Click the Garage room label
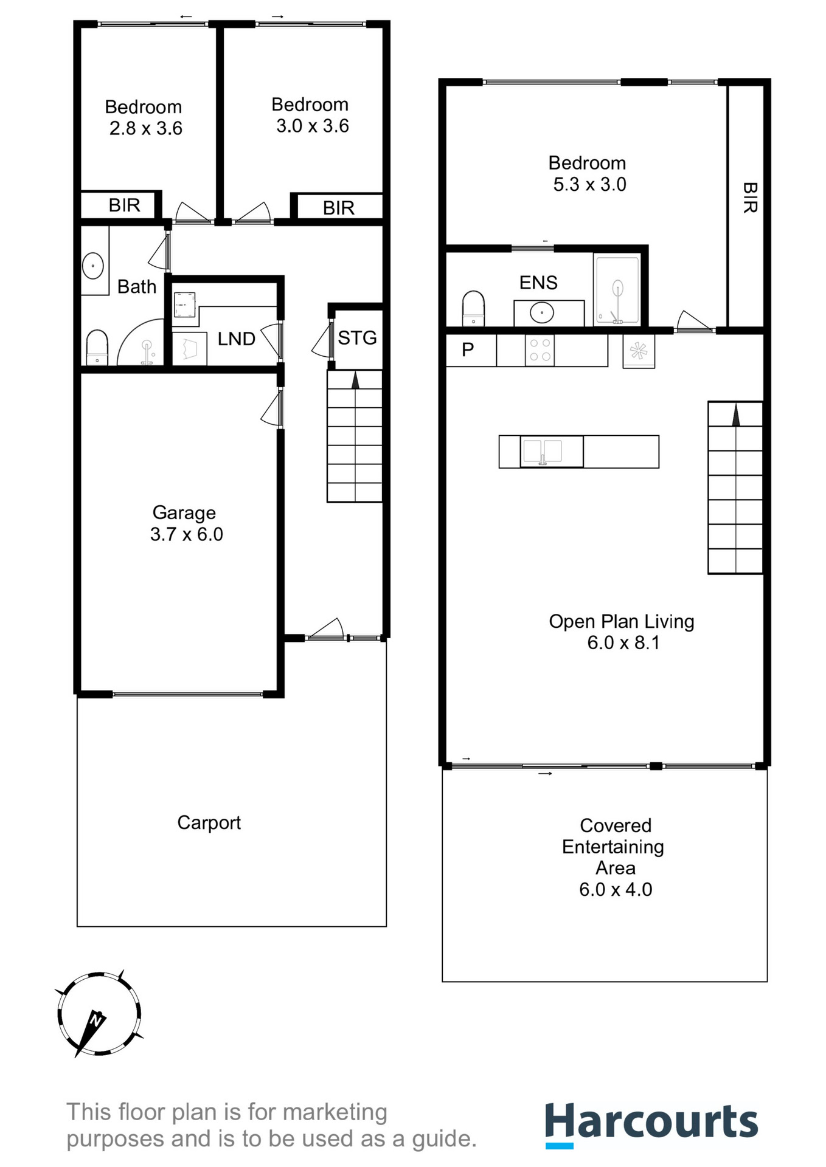pyautogui.click(x=184, y=512)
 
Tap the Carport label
pyautogui.click(x=209, y=822)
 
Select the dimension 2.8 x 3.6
pyautogui.click(x=146, y=128)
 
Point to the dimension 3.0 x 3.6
pyautogui.click(x=313, y=126)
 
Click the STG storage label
pyautogui.click(x=357, y=337)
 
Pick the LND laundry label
pyautogui.click(x=236, y=339)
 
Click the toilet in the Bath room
pyautogui.click(x=97, y=347)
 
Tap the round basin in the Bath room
pyautogui.click(x=92, y=266)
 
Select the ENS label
pyautogui.click(x=538, y=283)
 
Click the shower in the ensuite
pyautogui.click(x=617, y=291)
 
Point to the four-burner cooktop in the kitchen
pyautogui.click(x=540, y=350)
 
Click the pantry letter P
pyautogui.click(x=468, y=349)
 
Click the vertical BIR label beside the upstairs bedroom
pyautogui.click(x=749, y=198)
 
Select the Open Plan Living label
pyautogui.click(x=621, y=621)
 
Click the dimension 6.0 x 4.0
pyautogui.click(x=615, y=889)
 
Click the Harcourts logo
pyautogui.click(x=651, y=1124)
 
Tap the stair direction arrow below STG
pyautogui.click(x=355, y=380)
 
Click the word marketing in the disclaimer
pyautogui.click(x=335, y=1112)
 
